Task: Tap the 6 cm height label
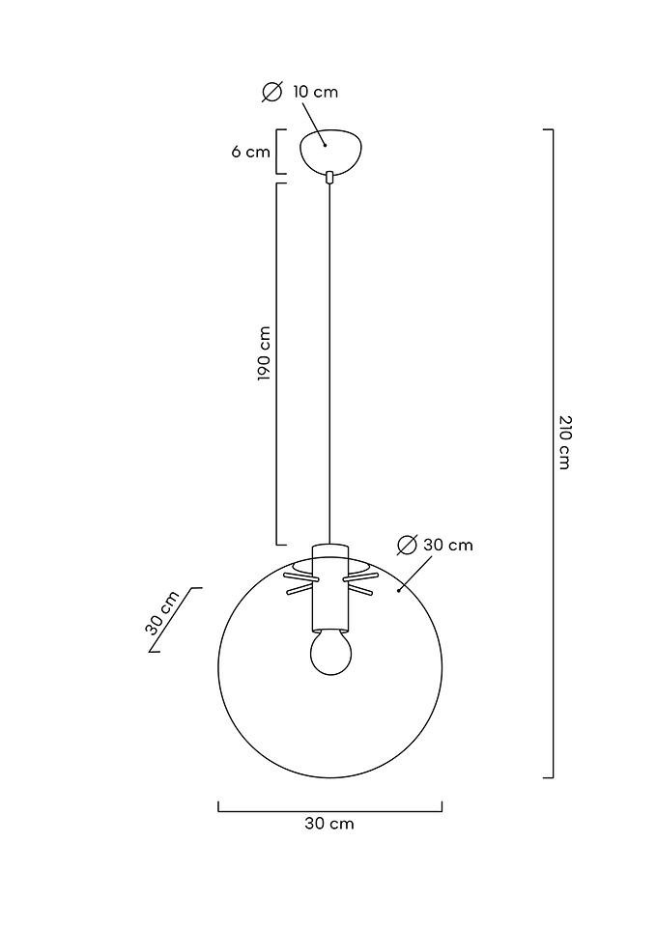[x=250, y=152]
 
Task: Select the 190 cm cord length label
[x=264, y=353]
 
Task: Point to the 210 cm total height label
[x=564, y=442]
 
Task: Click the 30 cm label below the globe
[x=329, y=824]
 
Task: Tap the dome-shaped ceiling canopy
[x=330, y=151]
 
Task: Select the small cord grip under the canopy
[x=330, y=176]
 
